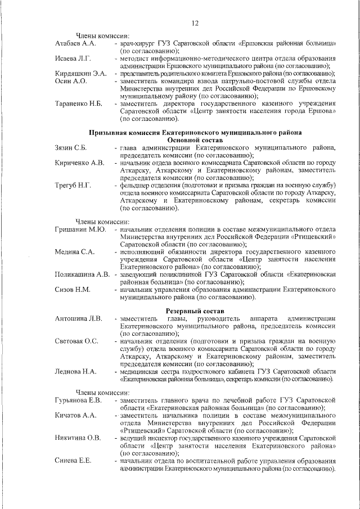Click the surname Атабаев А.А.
click(76, 43)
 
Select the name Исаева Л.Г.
click(73, 58)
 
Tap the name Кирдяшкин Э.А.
click(80, 74)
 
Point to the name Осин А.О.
click(71, 82)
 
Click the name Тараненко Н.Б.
click(78, 104)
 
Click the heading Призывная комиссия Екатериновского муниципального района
click(195, 132)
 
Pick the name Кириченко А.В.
click(79, 163)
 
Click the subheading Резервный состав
click(195, 311)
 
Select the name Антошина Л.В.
click(79, 319)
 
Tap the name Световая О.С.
click(76, 341)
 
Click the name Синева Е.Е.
click(73, 460)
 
